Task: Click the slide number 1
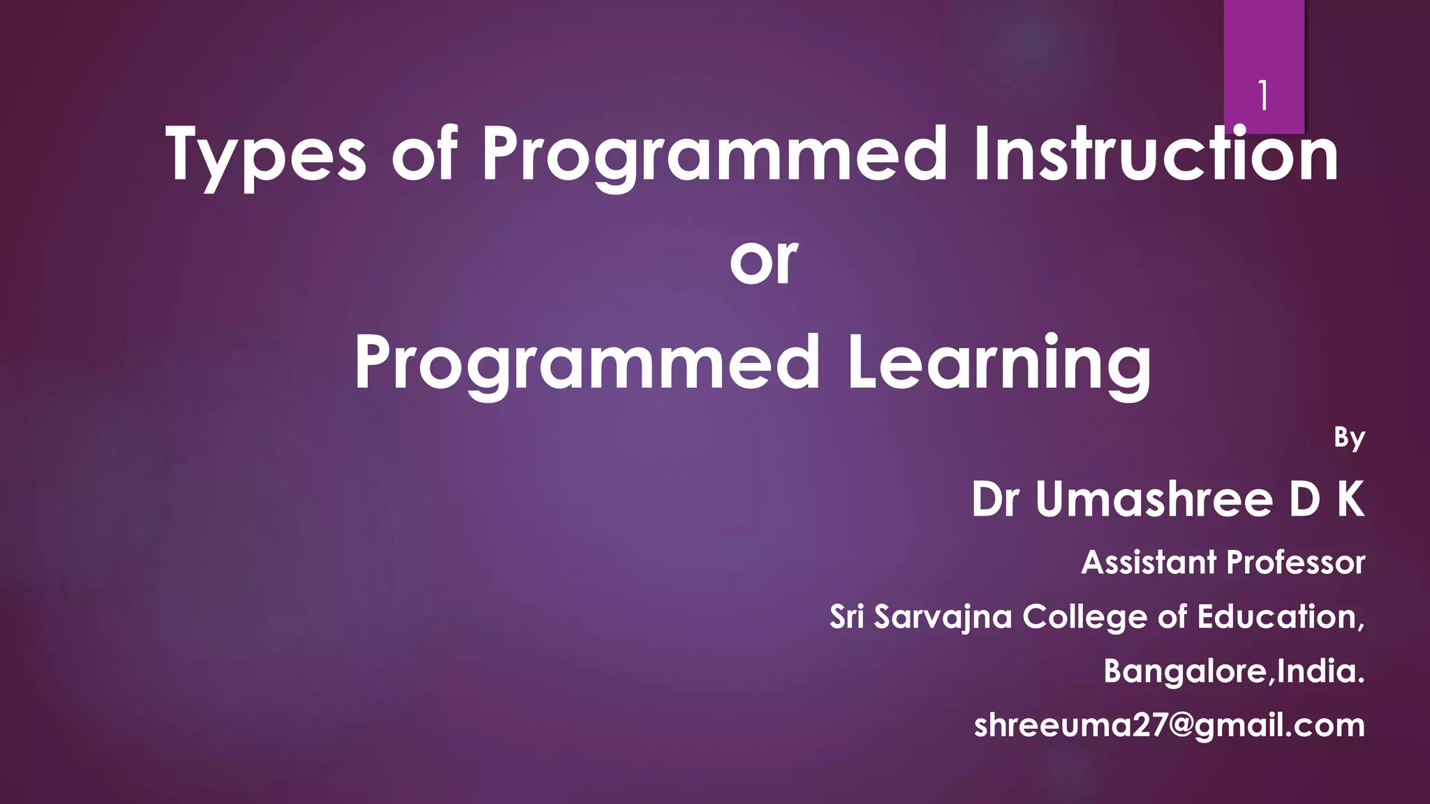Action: [1262, 96]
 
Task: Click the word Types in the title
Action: [266, 155]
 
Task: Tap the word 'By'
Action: [1349, 438]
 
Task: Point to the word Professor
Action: [1296, 563]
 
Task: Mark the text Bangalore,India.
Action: [1234, 671]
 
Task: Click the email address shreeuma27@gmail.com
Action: [1170, 726]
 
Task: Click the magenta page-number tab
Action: [1264, 42]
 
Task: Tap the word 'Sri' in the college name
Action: [847, 617]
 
